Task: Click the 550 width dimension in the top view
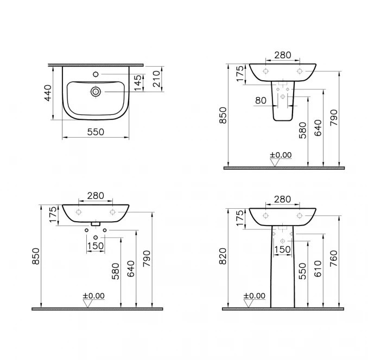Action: click(x=96, y=132)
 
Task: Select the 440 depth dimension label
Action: click(x=48, y=93)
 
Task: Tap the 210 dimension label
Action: click(x=156, y=79)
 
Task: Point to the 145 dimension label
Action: click(x=138, y=82)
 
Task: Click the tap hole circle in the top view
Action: click(x=96, y=74)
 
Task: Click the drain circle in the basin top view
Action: click(x=96, y=92)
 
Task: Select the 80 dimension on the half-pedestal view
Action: click(x=261, y=100)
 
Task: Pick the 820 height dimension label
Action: click(x=223, y=256)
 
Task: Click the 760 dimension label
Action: click(x=333, y=258)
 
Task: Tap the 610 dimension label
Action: click(x=318, y=268)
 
